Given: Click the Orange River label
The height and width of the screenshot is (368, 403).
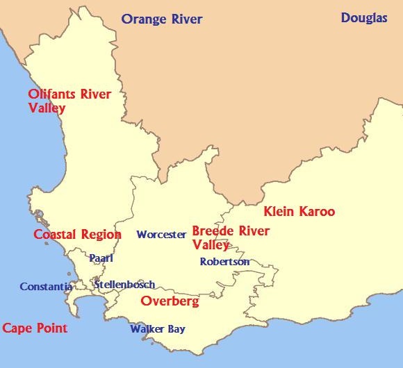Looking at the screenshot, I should point(162,19).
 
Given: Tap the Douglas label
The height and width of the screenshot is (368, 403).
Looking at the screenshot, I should point(364,18).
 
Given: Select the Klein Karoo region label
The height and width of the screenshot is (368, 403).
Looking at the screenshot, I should point(299,212).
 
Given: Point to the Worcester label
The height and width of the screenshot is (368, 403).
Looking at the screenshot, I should point(161,235).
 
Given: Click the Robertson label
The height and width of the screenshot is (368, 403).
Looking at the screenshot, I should point(224,262).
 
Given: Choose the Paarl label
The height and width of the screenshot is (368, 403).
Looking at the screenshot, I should point(101,258).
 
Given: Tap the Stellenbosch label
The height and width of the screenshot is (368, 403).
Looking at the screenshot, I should point(124,285).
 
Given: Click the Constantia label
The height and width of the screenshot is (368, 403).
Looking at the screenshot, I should point(46,286).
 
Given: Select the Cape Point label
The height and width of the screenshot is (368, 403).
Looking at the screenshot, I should point(35,328).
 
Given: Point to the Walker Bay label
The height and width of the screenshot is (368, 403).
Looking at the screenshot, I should point(158,329).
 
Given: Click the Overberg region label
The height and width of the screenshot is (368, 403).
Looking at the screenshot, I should point(170,301).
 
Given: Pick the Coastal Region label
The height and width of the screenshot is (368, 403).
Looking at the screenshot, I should point(77,235).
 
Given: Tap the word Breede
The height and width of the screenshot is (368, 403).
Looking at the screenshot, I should point(213,231).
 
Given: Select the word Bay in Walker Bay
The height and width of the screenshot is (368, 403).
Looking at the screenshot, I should point(176,329).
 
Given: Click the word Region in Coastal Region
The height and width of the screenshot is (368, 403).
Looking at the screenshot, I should point(101,235).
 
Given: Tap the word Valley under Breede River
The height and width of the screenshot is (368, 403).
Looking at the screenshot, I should point(211,244).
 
